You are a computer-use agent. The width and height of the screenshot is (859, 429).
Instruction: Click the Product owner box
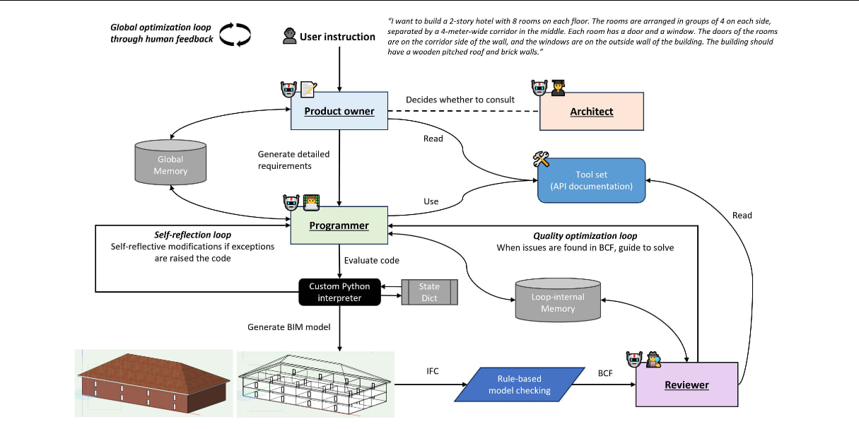click(339, 111)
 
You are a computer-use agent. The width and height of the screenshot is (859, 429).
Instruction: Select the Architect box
click(592, 112)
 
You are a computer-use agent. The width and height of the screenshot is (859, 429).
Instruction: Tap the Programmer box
click(339, 225)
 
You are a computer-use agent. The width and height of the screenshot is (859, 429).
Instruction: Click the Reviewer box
click(686, 384)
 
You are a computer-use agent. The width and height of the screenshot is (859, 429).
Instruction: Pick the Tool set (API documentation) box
click(592, 181)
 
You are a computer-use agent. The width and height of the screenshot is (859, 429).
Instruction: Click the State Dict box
click(429, 292)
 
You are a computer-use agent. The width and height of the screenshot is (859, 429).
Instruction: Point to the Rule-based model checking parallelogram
click(520, 385)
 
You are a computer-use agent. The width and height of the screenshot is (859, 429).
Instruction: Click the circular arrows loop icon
click(234, 34)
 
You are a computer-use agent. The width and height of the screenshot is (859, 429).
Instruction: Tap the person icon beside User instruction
click(289, 37)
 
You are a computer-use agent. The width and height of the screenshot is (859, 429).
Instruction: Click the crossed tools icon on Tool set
click(542, 160)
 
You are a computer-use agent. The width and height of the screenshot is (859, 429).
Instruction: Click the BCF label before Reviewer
click(606, 370)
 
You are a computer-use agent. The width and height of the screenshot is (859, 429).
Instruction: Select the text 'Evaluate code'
click(371, 260)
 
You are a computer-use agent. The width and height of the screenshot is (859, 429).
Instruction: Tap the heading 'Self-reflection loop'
click(193, 235)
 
